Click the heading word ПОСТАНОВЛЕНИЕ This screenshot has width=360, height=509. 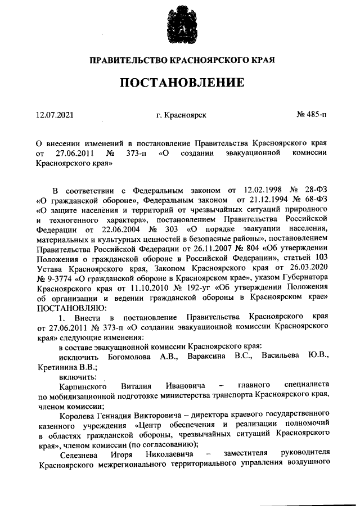tap(182, 83)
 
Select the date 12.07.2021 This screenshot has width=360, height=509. tap(54, 115)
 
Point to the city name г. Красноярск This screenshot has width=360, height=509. tap(182, 115)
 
